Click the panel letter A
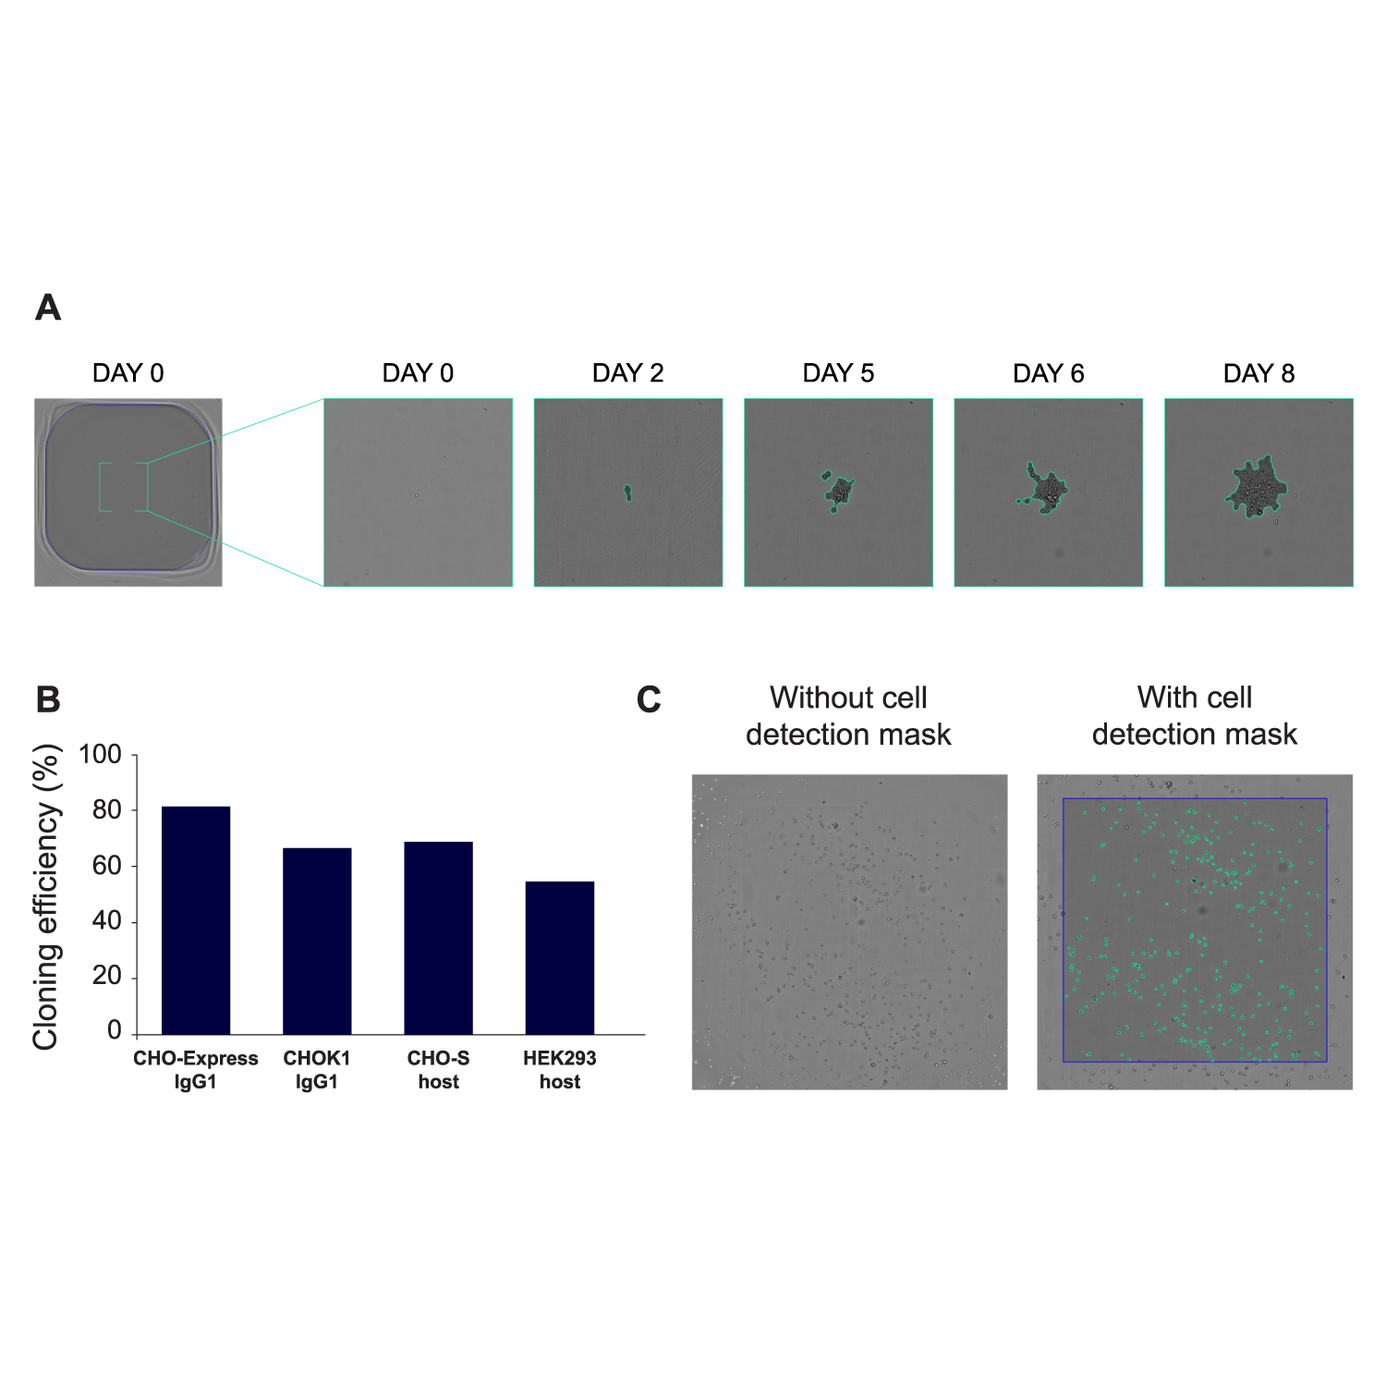[48, 308]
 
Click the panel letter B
[48, 699]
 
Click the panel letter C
[649, 699]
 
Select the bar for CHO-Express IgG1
[196, 919]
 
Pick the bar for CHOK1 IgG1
[317, 941]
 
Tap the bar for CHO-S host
[438, 938]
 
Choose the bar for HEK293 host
[559, 957]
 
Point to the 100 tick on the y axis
[100, 755]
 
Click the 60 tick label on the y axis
[107, 866]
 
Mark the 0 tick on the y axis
[115, 1031]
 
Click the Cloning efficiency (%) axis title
[46, 896]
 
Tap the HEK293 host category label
[560, 1070]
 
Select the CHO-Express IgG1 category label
[196, 1070]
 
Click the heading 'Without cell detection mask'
[848, 716]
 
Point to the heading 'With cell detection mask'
[1194, 716]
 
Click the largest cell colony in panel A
[1257, 487]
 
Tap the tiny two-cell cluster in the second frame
[628, 492]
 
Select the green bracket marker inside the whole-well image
[124, 487]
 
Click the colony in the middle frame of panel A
[839, 490]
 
